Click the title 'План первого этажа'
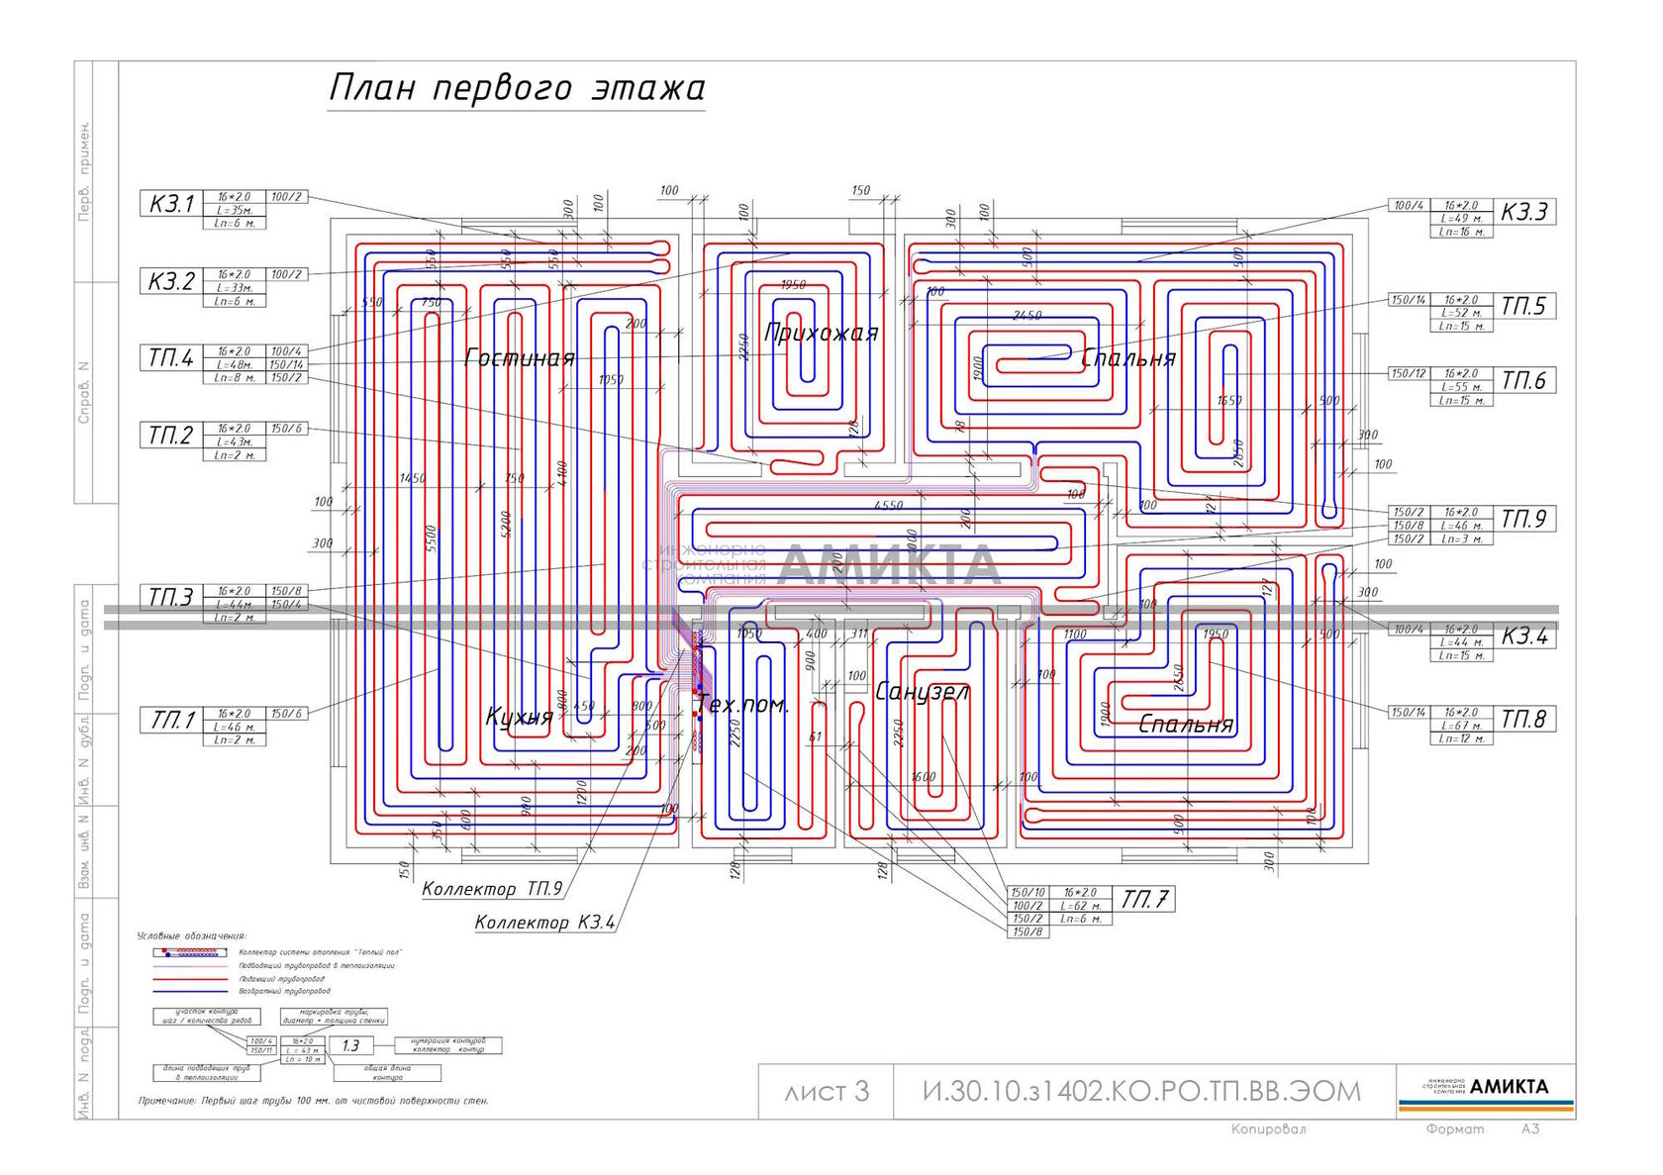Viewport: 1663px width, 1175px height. (516, 88)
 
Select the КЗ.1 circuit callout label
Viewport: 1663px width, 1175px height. (171, 204)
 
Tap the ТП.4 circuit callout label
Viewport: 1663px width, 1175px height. (171, 357)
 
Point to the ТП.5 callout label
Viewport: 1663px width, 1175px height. (1522, 307)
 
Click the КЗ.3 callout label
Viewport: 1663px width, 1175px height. (1523, 212)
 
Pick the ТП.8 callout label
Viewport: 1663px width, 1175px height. (1522, 720)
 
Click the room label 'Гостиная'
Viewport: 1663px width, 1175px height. (520, 358)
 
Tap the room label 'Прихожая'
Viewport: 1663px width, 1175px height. (821, 333)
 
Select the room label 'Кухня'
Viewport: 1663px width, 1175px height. (519, 717)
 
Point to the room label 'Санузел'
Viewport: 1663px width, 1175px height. (922, 692)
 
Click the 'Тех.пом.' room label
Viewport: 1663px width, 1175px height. (743, 705)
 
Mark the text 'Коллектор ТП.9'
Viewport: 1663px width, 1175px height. (492, 889)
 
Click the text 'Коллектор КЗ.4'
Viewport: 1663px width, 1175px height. (544, 923)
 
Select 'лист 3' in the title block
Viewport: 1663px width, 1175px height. (826, 1091)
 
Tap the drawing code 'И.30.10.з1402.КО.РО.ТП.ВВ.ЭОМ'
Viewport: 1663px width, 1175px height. (1141, 1091)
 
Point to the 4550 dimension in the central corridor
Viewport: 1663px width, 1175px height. (888, 506)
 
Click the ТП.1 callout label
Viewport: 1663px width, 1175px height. (171, 720)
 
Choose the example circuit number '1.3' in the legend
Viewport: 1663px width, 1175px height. (350, 1045)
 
